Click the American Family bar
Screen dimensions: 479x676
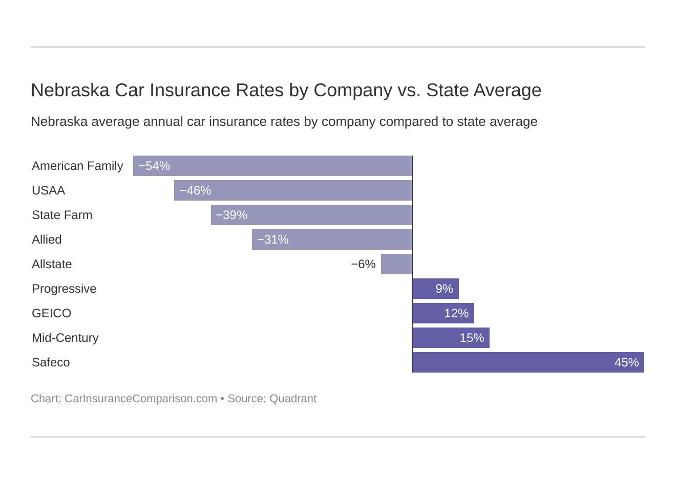point(272,166)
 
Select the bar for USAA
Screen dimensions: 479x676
point(293,190)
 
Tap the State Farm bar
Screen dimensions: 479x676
point(311,215)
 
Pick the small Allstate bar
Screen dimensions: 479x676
point(396,264)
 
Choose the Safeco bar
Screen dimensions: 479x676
point(528,362)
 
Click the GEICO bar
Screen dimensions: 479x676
point(443,313)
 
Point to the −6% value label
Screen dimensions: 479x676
point(363,264)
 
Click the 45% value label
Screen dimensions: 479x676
point(626,362)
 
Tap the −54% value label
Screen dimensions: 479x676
point(154,166)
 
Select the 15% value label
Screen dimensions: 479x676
point(472,338)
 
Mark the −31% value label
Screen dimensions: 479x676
point(273,239)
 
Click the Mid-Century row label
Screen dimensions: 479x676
point(65,338)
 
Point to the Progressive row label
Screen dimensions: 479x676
point(64,289)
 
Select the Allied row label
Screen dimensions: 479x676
point(47,239)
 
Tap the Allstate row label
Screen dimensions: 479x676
point(52,264)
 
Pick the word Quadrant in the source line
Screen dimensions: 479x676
point(293,399)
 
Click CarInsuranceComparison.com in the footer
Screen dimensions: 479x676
point(141,399)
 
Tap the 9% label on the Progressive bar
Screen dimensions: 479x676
point(444,289)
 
